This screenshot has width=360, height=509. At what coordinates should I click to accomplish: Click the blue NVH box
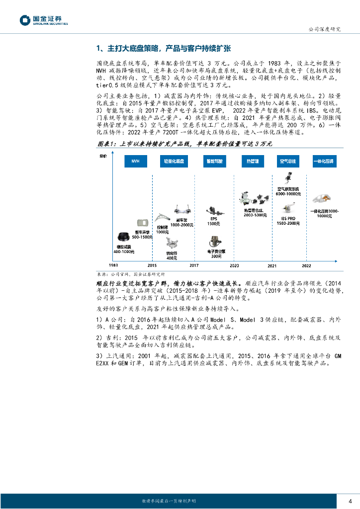136,162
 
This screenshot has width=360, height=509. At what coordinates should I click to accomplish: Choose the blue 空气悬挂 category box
288,162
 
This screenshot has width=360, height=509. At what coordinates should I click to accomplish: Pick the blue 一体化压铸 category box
324,162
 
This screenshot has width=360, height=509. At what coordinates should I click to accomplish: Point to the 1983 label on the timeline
113,266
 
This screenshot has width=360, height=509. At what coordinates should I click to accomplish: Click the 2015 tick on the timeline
152,266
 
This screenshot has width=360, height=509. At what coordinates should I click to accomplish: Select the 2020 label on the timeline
234,266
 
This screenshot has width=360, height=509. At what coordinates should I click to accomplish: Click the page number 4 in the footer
350,500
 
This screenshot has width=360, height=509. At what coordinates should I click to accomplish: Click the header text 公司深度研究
325,29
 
